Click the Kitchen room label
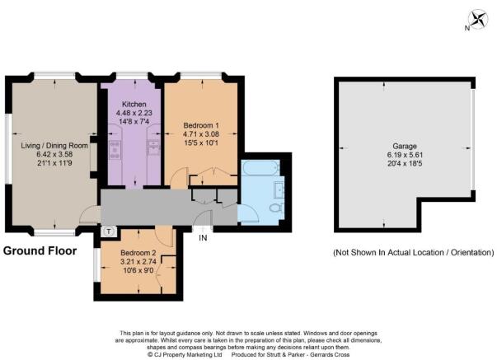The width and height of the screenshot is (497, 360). tap(134, 104)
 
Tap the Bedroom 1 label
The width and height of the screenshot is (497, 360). tap(201, 125)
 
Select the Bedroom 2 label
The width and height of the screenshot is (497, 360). tap(138, 253)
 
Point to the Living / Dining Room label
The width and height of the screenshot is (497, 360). tap(54, 146)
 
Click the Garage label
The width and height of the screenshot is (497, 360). tap(405, 146)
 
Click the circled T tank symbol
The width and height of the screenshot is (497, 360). tap(109, 231)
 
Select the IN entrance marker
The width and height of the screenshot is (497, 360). tap(203, 238)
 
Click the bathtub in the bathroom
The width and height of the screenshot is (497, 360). tap(260, 167)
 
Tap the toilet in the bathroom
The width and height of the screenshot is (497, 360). tap(276, 208)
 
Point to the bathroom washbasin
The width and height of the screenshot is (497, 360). tap(279, 187)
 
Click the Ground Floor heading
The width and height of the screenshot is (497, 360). tap(40, 251)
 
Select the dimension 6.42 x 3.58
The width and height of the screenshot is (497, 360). tap(54, 154)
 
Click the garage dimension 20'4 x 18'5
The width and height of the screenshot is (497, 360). tap(405, 163)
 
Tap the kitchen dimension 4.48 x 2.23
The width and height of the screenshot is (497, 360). tap(134, 113)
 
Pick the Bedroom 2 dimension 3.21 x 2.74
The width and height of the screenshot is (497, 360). tap(138, 262)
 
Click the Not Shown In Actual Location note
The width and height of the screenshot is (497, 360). tap(413, 253)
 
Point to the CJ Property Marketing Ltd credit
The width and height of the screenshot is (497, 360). tap(185, 354)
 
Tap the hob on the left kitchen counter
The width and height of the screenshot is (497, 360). tap(115, 150)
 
